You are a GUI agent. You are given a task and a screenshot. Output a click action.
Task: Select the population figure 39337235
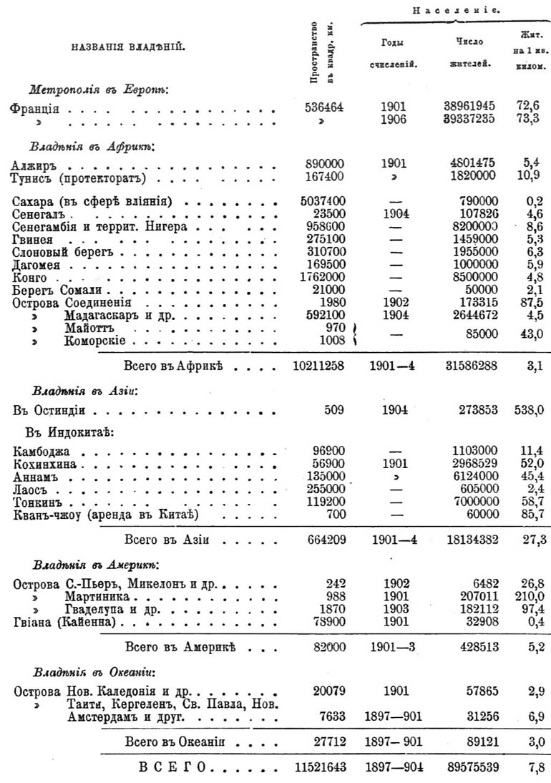coord(469,120)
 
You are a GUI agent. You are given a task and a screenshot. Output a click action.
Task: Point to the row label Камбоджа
coord(42,453)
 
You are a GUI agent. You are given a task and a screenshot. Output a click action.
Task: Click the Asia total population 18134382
coord(469,539)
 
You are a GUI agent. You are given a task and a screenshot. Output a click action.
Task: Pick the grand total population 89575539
coord(469,767)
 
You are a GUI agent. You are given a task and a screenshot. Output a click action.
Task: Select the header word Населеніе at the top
coord(455,10)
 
